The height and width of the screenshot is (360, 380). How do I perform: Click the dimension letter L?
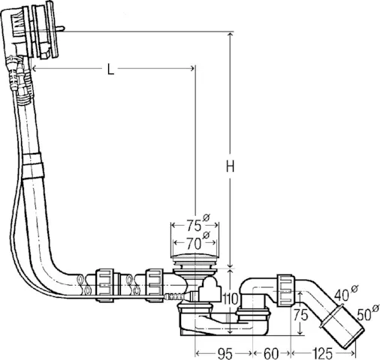click(x=110, y=70)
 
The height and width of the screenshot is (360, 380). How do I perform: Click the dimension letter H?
click(x=231, y=166)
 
